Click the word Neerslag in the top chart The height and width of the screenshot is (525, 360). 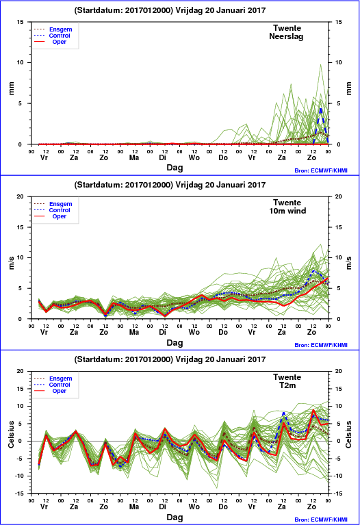[286, 36]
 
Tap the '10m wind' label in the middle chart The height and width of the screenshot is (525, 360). [287, 211]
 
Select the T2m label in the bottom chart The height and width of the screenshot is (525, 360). [287, 385]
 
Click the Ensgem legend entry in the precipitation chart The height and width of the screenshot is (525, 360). [61, 29]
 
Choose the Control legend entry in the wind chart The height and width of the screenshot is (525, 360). [60, 210]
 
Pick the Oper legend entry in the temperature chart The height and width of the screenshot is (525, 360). [60, 391]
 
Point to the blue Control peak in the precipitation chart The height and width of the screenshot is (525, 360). [321, 108]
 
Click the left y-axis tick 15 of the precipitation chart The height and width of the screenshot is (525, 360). [21, 22]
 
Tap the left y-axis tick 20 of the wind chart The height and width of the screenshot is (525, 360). [21, 196]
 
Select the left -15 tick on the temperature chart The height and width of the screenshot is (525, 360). [19, 494]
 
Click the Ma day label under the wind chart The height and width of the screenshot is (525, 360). [134, 332]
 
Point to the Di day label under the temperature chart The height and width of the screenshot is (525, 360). [162, 507]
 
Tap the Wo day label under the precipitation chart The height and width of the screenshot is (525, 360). [194, 157]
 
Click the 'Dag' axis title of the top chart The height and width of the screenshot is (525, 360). [175, 168]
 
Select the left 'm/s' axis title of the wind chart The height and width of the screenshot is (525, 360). [12, 263]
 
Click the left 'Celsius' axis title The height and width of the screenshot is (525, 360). [12, 434]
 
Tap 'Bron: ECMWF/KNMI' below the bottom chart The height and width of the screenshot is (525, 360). [321, 520]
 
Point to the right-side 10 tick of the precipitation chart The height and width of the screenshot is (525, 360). [339, 62]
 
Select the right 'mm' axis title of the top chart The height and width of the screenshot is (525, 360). [348, 88]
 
